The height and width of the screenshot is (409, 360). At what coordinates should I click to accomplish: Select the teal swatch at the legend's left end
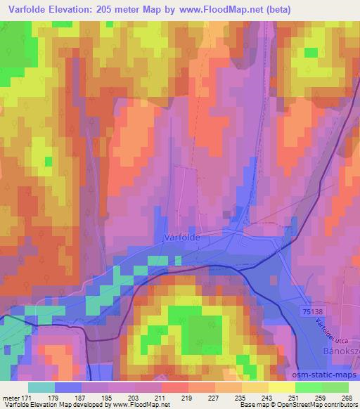(x=41, y=387)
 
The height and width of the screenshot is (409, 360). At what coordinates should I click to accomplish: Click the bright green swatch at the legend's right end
(x=335, y=387)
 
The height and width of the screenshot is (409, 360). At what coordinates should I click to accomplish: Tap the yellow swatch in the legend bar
(x=282, y=387)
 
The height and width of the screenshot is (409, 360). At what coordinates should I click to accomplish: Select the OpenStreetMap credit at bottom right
(x=324, y=405)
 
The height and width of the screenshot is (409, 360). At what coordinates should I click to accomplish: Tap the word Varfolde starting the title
(x=23, y=10)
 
